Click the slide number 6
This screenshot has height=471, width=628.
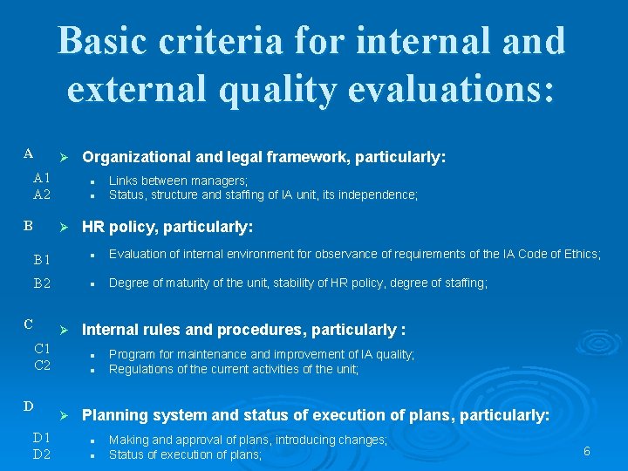click(587, 451)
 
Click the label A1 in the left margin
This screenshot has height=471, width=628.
click(42, 178)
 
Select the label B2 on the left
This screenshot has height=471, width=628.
click(42, 283)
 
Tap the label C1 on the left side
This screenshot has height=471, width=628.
click(42, 349)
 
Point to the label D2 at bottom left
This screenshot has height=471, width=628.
click(42, 454)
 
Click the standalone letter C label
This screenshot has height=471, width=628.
click(29, 324)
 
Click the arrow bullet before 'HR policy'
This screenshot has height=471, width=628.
click(62, 228)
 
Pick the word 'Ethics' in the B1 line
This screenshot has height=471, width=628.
click(581, 254)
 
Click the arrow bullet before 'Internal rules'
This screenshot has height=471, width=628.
click(62, 331)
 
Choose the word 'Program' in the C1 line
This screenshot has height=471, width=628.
click(132, 354)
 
